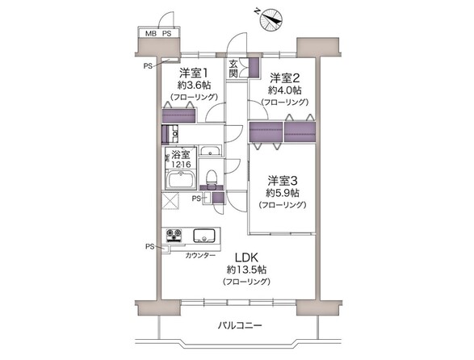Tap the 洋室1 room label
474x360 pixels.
(x=194, y=73)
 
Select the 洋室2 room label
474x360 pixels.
(x=284, y=78)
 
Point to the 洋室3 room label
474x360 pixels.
(x=283, y=181)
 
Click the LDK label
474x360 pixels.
(x=246, y=257)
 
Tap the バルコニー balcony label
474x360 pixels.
(x=240, y=326)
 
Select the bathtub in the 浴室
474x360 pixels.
(x=180, y=179)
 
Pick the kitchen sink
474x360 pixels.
(x=204, y=236)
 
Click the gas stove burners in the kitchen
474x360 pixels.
(x=174, y=235)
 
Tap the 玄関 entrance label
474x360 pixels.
(x=233, y=69)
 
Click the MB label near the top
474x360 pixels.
(x=151, y=34)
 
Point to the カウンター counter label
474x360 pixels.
(x=200, y=256)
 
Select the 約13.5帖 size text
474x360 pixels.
(x=246, y=270)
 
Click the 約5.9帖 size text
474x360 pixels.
(x=283, y=193)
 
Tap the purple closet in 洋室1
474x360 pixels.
(x=178, y=115)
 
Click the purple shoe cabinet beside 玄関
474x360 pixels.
(x=254, y=68)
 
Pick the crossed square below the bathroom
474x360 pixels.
(x=170, y=201)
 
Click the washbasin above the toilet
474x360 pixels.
(x=211, y=151)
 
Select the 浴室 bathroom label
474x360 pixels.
(x=181, y=155)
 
